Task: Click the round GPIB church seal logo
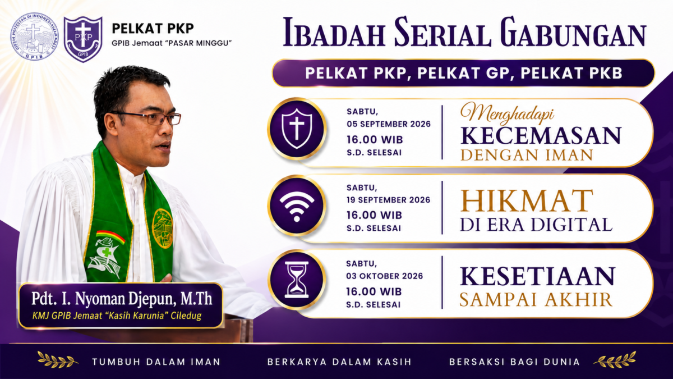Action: coord(35,36)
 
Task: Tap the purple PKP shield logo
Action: coord(83,39)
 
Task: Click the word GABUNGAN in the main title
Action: coord(574,33)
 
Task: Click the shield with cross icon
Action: coord(297,129)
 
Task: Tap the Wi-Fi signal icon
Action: coord(297,207)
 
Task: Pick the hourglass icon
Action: coord(297,280)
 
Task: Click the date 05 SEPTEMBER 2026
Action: coord(389,124)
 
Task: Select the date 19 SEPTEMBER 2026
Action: coord(388,200)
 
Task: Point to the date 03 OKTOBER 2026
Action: coord(385,276)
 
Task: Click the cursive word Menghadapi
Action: coord(507,113)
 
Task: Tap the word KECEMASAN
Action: coord(541,136)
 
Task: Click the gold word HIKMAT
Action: coord(527,200)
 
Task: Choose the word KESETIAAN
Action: coord(537,276)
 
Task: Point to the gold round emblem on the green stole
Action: coord(162,229)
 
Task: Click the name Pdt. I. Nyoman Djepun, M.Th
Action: coord(122,298)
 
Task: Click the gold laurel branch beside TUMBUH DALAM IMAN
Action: coord(58,359)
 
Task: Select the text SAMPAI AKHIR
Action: coord(536,300)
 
